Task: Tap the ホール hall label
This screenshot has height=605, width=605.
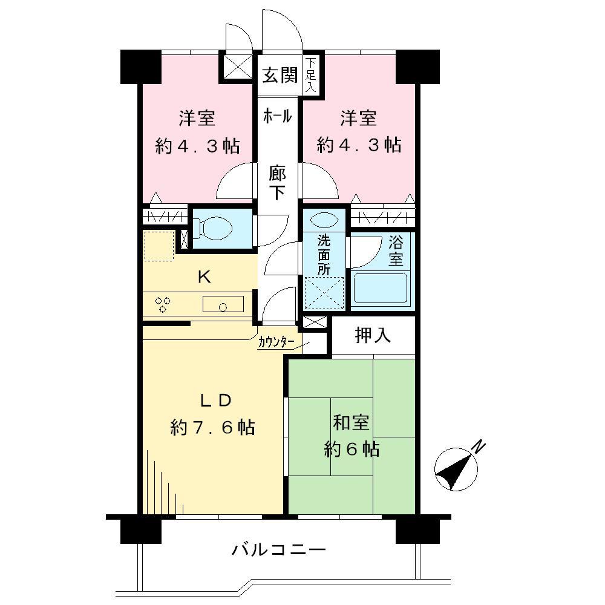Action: (278, 116)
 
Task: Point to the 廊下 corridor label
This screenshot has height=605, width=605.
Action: (278, 183)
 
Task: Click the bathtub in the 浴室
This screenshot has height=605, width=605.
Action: (380, 289)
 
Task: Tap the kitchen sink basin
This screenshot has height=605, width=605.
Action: (223, 304)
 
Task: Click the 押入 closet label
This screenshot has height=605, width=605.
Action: (373, 336)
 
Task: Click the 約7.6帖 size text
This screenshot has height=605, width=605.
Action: (212, 428)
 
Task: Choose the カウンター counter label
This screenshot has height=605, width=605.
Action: (276, 343)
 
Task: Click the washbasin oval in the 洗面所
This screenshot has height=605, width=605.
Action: (325, 219)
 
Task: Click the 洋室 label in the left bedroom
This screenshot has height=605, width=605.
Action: (197, 118)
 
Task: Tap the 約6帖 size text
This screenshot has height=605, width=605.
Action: (352, 450)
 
